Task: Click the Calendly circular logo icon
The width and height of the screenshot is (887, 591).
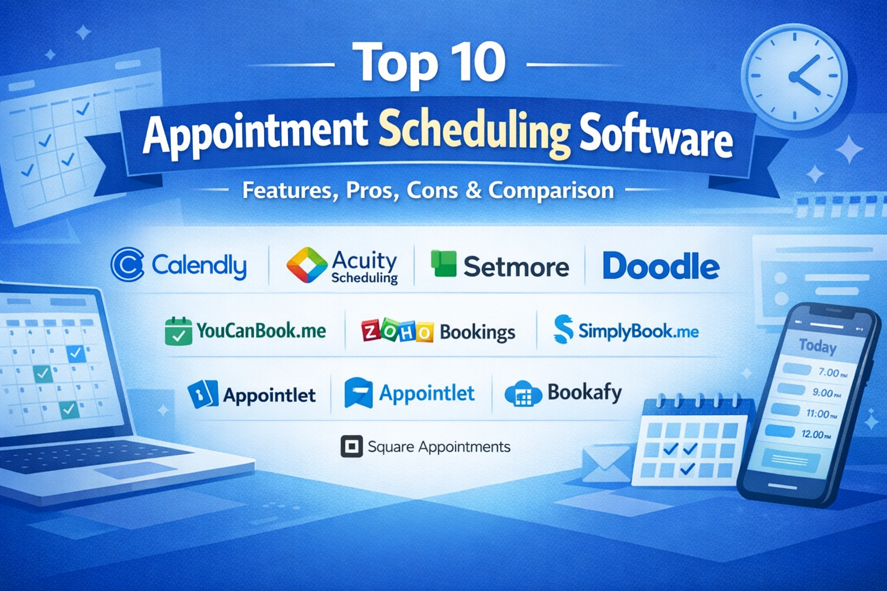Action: (127, 264)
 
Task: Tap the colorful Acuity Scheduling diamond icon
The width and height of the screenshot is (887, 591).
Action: (307, 265)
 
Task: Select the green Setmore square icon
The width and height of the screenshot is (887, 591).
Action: (443, 263)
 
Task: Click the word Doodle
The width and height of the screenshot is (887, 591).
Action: (661, 266)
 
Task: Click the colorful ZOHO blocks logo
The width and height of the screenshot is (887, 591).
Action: (397, 331)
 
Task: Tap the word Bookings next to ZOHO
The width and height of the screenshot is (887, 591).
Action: (478, 332)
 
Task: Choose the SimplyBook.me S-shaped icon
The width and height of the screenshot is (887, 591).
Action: (564, 329)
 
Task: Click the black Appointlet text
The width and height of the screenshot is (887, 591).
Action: (269, 395)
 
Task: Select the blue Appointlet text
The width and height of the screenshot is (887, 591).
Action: (427, 393)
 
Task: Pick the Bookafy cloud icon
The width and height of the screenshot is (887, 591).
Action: (523, 394)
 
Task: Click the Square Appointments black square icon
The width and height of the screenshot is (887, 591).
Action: (352, 447)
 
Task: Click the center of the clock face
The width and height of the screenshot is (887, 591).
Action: (793, 76)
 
